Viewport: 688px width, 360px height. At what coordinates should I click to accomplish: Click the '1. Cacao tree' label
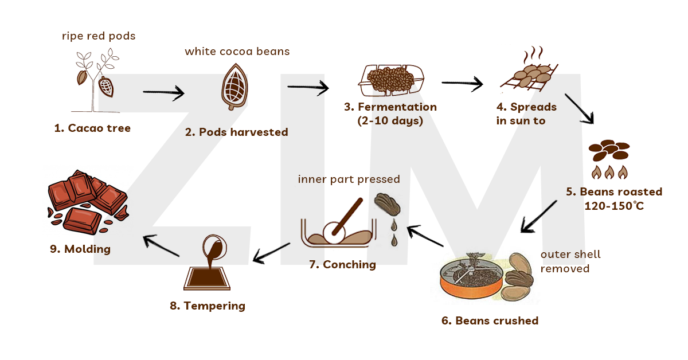pyautogui.click(x=92, y=128)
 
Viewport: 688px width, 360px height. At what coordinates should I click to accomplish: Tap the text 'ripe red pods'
pyautogui.click(x=99, y=36)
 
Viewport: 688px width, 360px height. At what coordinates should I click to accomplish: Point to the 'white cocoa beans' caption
pyautogui.click(x=237, y=52)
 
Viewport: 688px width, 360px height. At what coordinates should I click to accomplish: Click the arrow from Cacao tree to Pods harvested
pyautogui.click(x=163, y=92)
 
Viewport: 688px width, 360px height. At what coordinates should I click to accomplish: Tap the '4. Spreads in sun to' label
pyautogui.click(x=526, y=114)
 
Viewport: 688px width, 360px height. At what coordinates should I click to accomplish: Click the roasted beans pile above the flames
pyautogui.click(x=609, y=151)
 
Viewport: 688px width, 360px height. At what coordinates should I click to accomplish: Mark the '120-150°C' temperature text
pyautogui.click(x=614, y=206)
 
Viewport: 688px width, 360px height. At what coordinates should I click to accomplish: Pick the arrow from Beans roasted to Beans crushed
pyautogui.click(x=539, y=217)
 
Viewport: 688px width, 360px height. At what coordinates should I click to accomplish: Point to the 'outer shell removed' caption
pyautogui.click(x=570, y=261)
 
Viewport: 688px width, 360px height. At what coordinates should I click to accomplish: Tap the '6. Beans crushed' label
pyautogui.click(x=490, y=320)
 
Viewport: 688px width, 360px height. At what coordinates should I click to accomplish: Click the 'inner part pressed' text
pyautogui.click(x=349, y=179)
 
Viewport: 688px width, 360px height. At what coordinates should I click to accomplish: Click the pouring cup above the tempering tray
pyautogui.click(x=216, y=249)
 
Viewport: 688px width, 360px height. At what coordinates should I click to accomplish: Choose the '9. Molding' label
pyautogui.click(x=80, y=249)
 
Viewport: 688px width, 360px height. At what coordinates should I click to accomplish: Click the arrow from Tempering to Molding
pyautogui.click(x=162, y=245)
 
